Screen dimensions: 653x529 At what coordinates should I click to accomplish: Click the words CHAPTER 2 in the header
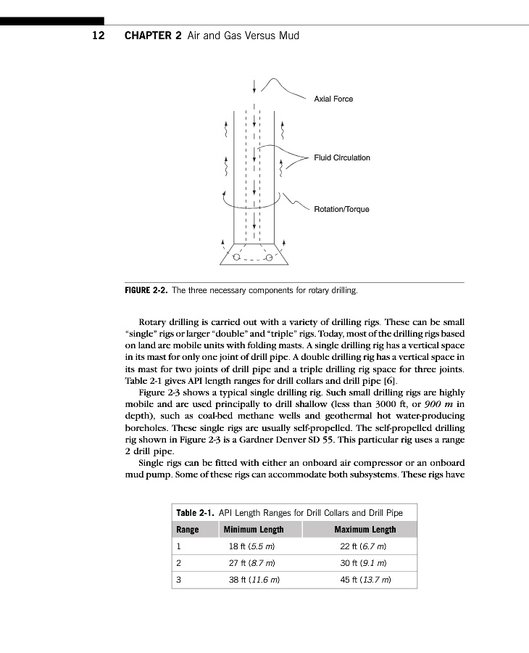pyautogui.click(x=153, y=36)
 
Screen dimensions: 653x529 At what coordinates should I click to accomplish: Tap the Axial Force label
pyautogui.click(x=333, y=99)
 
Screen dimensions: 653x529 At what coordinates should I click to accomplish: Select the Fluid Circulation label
pyautogui.click(x=341, y=157)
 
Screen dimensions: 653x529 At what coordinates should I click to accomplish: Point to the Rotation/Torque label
pyautogui.click(x=341, y=209)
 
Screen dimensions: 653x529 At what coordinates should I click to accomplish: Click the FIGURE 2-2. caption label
pyautogui.click(x=146, y=291)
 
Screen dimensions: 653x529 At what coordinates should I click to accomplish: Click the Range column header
pyautogui.click(x=188, y=530)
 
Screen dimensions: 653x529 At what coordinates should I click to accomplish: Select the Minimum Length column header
pyautogui.click(x=254, y=530)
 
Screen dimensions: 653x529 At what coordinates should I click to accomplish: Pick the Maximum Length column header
pyautogui.click(x=365, y=530)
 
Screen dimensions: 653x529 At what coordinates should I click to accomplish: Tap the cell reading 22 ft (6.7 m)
pyautogui.click(x=365, y=546)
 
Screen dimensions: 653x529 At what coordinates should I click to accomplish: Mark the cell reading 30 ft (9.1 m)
pyautogui.click(x=365, y=563)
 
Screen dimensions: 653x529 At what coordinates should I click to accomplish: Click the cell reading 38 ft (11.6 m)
pyautogui.click(x=254, y=580)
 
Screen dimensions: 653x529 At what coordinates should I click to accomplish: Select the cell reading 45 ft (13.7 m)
pyautogui.click(x=365, y=580)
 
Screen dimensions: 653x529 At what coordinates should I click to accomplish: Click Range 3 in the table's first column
pyautogui.click(x=179, y=580)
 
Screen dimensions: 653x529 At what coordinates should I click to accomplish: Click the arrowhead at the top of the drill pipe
pyautogui.click(x=254, y=91)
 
